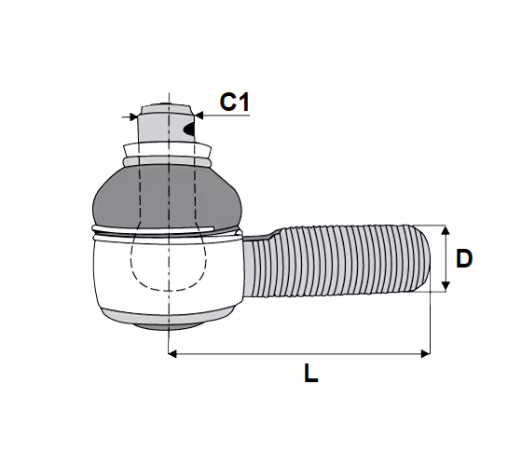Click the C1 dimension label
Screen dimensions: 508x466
[235, 102]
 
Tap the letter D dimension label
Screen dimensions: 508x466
[464, 258]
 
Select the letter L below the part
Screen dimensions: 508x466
[310, 373]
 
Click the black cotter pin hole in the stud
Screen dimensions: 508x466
[189, 130]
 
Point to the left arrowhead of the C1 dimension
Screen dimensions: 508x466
[133, 116]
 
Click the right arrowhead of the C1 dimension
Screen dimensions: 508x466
[199, 115]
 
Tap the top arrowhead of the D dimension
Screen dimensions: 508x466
[446, 230]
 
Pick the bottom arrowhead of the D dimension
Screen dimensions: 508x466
[446, 286]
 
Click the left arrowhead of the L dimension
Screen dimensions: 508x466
[172, 353]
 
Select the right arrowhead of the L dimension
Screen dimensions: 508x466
[425, 353]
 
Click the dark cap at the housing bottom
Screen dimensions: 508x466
[168, 326]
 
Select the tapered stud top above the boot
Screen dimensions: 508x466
[166, 123]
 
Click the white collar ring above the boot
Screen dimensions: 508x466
[168, 150]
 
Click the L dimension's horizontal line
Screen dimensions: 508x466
[299, 353]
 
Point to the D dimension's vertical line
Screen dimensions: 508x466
[446, 258]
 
